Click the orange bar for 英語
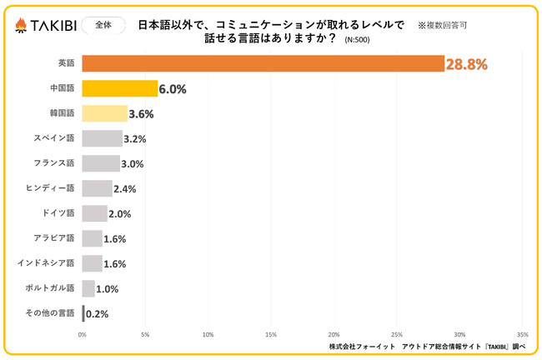(x=263, y=63)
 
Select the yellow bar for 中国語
(x=119, y=88)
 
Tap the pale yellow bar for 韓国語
(x=104, y=113)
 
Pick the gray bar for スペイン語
(x=102, y=138)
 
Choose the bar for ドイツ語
(x=94, y=213)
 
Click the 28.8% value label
(x=466, y=64)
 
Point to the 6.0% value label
(x=173, y=89)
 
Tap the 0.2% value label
(x=98, y=314)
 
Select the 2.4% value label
(x=124, y=189)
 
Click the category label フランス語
(x=53, y=162)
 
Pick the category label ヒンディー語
(x=51, y=187)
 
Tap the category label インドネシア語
(x=46, y=262)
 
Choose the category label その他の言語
(x=49, y=313)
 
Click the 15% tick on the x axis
(x=271, y=335)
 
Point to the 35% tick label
(x=523, y=335)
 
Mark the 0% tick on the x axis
(x=83, y=335)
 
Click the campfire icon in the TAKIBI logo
(x=21, y=25)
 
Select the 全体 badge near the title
(x=99, y=25)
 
